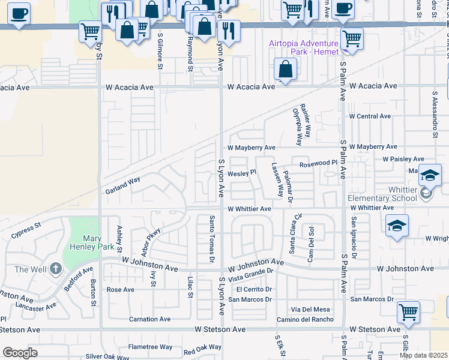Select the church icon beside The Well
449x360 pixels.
56,268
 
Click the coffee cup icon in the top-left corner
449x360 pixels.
19,12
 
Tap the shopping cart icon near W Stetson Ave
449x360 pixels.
408,311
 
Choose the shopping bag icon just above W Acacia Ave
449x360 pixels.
285,69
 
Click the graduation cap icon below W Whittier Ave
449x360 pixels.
396,226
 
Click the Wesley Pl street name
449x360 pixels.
242,172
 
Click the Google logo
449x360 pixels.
20,353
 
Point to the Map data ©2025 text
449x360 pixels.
423,355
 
